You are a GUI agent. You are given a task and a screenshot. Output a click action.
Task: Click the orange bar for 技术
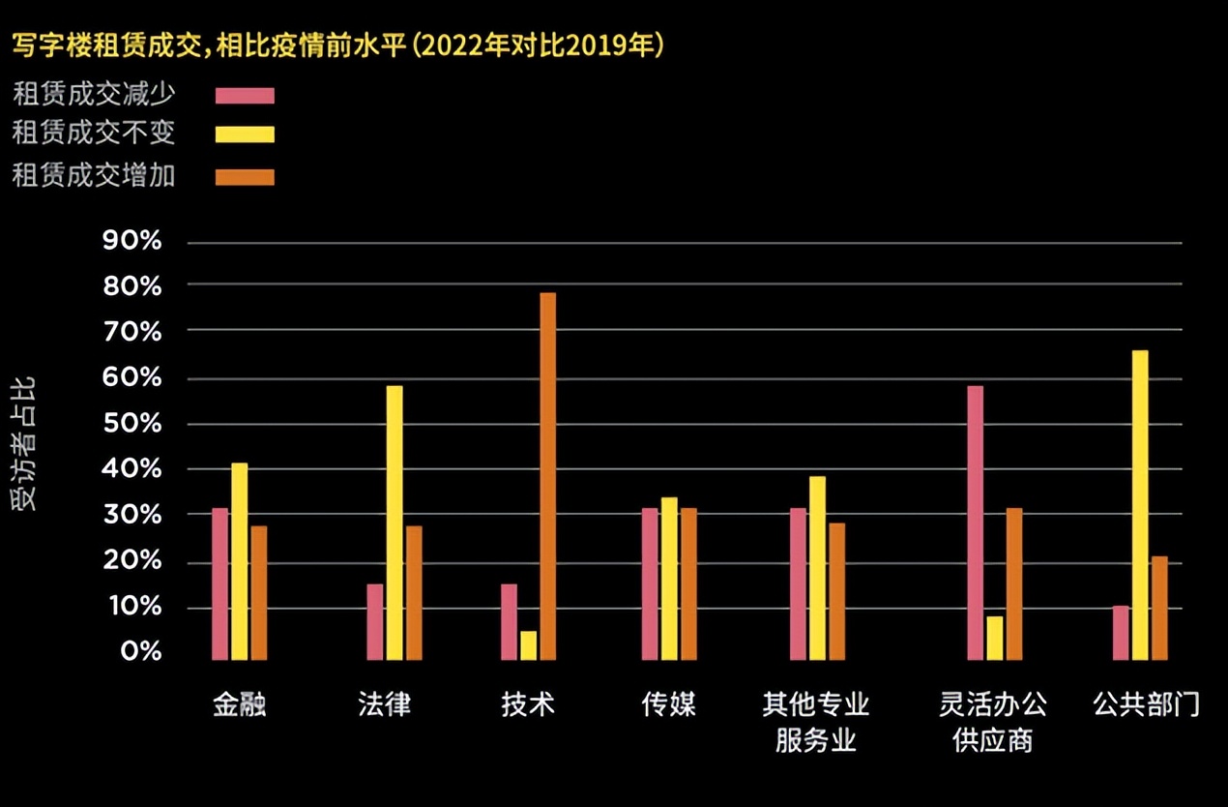547,476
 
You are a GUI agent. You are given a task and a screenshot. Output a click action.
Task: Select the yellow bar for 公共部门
1140,505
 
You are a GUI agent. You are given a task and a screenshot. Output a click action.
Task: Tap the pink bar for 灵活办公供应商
975,523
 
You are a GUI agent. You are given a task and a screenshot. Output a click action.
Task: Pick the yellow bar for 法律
395,523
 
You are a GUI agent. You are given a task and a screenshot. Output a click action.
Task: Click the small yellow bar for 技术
528,645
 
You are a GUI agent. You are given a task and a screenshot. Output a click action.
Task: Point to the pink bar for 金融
220,583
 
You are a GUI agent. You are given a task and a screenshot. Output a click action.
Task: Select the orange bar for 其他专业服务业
836,591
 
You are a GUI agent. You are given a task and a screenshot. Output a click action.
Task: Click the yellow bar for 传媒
669,579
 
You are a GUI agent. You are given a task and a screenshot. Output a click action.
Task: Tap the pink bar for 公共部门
1121,633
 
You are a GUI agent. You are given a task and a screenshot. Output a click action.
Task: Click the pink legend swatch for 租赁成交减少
245,95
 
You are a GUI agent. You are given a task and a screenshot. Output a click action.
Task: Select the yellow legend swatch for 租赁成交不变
245,134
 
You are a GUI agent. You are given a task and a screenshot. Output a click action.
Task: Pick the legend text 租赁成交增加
94,175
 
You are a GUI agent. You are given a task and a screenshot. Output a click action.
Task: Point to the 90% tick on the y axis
132,241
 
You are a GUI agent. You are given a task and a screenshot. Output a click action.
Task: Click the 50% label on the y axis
132,424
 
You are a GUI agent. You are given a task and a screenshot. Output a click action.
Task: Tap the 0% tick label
140,651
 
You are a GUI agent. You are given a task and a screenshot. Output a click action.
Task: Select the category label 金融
239,703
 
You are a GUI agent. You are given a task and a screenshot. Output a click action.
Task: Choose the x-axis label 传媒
668,703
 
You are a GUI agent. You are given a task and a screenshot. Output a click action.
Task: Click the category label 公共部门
1146,703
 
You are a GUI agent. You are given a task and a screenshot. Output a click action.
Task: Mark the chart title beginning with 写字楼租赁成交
337,45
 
